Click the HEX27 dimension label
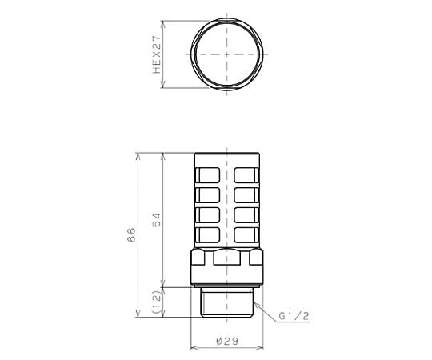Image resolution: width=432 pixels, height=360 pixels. coord(157,54)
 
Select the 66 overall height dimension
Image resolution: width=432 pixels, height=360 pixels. coord(131,234)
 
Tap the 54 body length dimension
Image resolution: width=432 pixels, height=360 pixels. coord(156,219)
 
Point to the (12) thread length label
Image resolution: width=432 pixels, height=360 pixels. coord(156,302)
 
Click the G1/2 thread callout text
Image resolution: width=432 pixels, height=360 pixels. coord(294,316)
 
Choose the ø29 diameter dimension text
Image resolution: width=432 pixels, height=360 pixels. coord(227,342)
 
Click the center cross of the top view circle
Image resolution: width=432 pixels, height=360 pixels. coord(226,54)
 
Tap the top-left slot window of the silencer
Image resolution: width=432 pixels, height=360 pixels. coord(208,175)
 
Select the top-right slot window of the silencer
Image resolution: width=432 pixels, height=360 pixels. coord(246,175)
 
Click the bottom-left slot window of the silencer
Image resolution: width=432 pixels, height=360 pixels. coord(208,235)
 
